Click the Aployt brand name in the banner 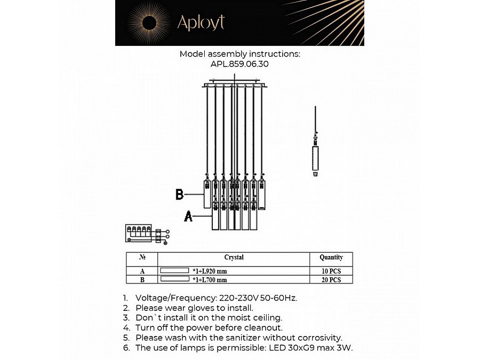click(x=201, y=22)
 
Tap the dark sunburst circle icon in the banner click(x=149, y=22)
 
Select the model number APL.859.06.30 click(x=239, y=63)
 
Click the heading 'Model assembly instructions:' click(x=239, y=54)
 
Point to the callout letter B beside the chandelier click(x=180, y=195)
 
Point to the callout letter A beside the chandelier click(x=188, y=216)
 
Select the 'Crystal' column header click(x=234, y=258)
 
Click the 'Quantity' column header click(x=331, y=258)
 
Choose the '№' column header click(x=142, y=258)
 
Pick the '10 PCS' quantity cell click(x=331, y=271)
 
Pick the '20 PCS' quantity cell click(x=331, y=279)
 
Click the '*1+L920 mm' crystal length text click(x=210, y=271)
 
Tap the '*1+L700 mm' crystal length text click(x=210, y=279)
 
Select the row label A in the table click(x=142, y=271)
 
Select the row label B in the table click(x=142, y=279)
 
